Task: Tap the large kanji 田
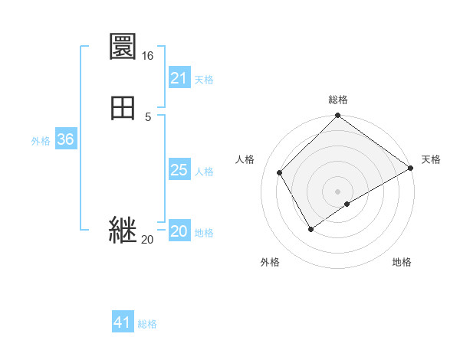[x=123, y=107]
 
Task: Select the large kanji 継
[x=123, y=230]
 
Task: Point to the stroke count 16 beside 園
[x=147, y=56]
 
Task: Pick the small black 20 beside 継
[x=147, y=240]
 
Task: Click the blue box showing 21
[x=179, y=78]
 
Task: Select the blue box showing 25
[x=179, y=170]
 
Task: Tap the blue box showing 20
[x=179, y=231]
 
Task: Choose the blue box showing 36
[x=66, y=139]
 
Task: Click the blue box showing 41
[x=123, y=322]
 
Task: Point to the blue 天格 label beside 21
[x=204, y=80]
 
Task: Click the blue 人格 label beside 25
[x=204, y=172]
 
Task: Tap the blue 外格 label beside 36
[x=41, y=141]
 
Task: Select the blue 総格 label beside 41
[x=147, y=324]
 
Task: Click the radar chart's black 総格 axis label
[x=338, y=100]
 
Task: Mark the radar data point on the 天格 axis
[x=411, y=169]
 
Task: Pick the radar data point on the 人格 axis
[x=280, y=172]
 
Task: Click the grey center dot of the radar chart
[x=337, y=191]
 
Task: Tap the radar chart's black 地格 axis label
[x=402, y=263]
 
